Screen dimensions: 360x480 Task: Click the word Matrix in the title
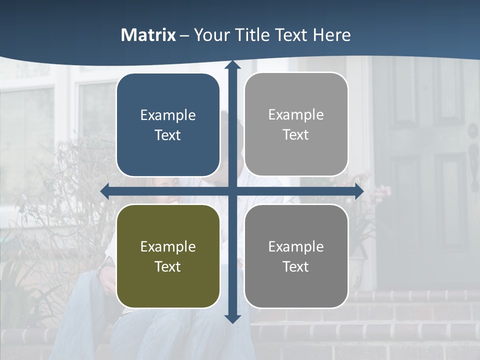148,35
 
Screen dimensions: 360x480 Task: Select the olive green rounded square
168,285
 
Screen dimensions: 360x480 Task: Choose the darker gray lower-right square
296,285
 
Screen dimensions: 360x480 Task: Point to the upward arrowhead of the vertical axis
232,65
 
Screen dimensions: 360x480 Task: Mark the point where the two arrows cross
232,191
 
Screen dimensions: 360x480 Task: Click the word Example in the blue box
168,115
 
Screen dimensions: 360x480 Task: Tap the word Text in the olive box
168,266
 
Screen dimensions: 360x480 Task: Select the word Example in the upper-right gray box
296,114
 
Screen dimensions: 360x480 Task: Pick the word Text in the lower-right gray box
296,266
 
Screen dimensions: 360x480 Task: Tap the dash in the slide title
184,35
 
